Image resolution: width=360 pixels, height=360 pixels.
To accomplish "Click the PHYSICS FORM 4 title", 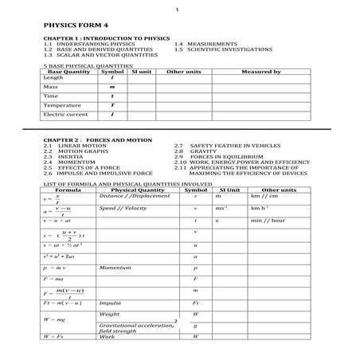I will pyautogui.click(x=65, y=25).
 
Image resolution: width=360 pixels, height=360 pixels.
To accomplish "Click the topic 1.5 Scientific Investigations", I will pyautogui.click(x=218, y=49).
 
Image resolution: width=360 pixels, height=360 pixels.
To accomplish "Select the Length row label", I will pyautogui.click(x=53, y=77).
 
